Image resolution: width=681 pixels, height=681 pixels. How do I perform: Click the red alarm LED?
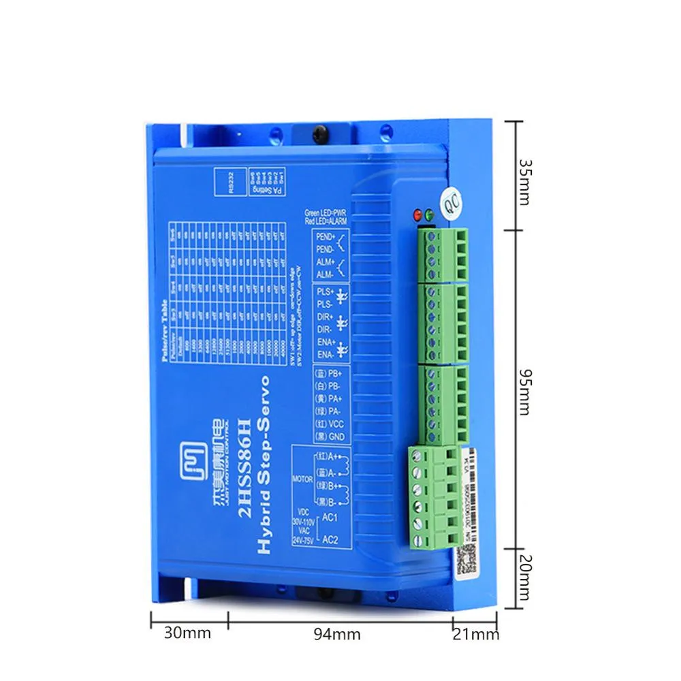coord(416,215)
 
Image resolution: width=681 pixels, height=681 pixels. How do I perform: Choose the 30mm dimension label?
coord(187,633)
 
